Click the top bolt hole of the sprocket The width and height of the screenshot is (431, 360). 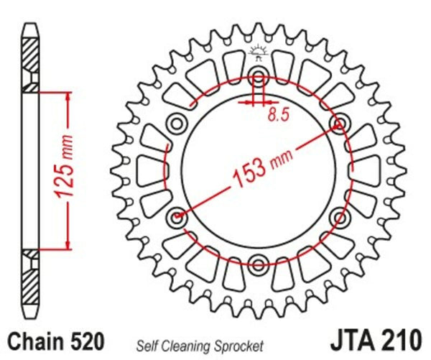click(259, 78)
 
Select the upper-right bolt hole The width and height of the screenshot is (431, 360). click(338, 125)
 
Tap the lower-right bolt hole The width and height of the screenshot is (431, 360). click(338, 216)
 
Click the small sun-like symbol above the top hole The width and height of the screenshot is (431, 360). click(259, 51)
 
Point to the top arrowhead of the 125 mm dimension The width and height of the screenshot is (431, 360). click(68, 96)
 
